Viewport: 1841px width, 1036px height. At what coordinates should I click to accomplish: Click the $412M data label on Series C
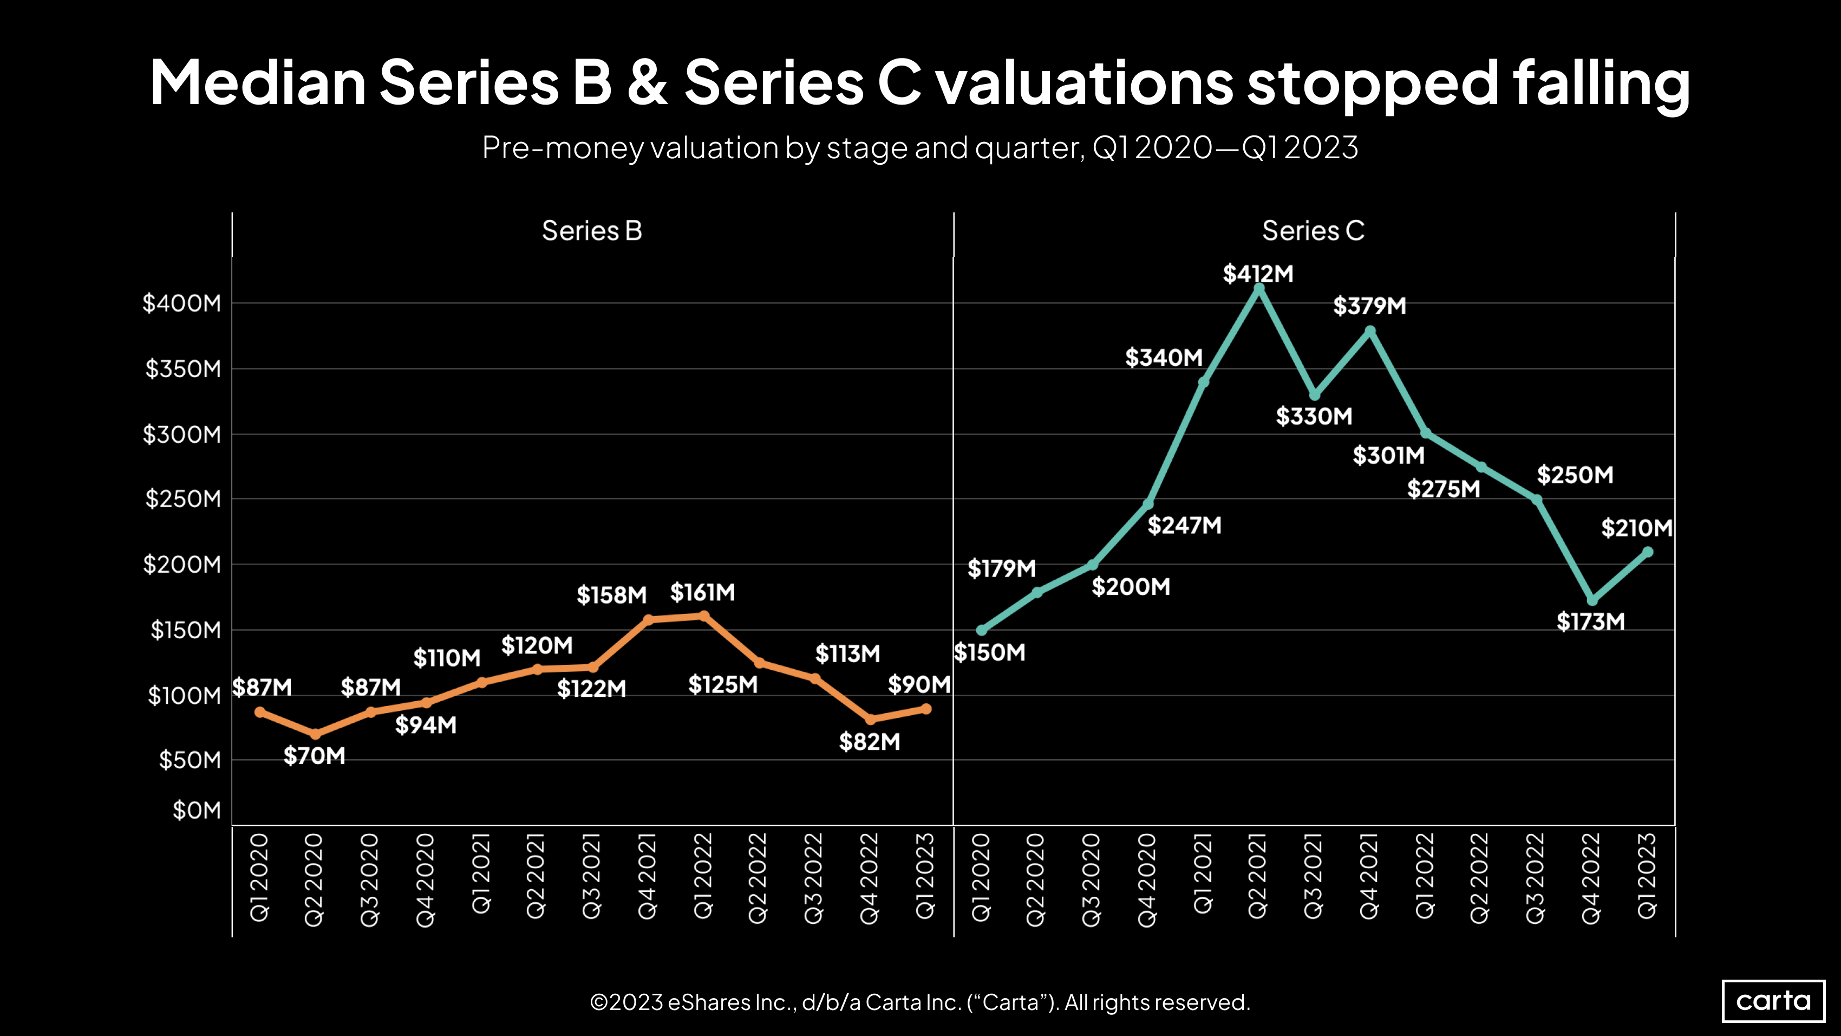(1258, 274)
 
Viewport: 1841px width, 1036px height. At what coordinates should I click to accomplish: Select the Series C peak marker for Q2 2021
(1259, 288)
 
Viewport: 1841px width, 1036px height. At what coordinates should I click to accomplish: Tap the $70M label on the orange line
(315, 756)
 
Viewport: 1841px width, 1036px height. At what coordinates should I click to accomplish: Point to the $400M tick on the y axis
(182, 303)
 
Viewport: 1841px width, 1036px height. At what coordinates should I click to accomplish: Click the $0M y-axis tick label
(197, 810)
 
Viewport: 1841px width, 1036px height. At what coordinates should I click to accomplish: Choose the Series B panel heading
(592, 231)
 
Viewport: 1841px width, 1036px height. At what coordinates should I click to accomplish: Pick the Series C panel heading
(1313, 231)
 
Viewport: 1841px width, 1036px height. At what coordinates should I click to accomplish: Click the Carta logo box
(1773, 1001)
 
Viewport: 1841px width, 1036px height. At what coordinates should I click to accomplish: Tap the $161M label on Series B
(702, 592)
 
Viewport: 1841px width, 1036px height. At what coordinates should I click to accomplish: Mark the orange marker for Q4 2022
(870, 719)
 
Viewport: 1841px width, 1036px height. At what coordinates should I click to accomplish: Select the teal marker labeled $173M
(1591, 600)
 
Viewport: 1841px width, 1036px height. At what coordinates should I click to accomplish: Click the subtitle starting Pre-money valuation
(920, 148)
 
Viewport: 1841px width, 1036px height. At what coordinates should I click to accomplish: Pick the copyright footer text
(920, 1002)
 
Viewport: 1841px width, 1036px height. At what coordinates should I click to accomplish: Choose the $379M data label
(1369, 306)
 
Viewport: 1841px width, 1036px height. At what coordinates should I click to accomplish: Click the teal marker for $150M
(981, 631)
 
